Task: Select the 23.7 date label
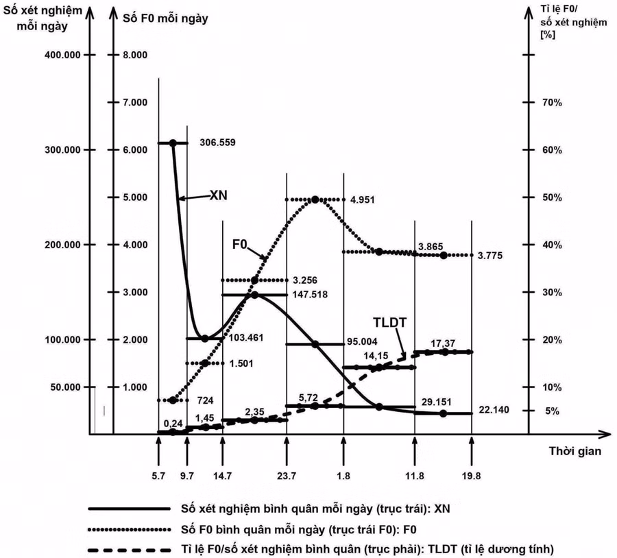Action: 286,475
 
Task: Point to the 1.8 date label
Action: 343,475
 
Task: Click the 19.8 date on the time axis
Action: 470,475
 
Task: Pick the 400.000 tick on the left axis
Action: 62,55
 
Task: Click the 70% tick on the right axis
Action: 553,102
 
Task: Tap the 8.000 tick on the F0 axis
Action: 135,55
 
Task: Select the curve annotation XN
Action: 218,195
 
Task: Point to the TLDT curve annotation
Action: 390,322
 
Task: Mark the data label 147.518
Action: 310,295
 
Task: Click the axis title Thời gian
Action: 574,451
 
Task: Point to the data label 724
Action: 206,399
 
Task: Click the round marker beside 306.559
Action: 173,143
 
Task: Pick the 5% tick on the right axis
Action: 553,411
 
